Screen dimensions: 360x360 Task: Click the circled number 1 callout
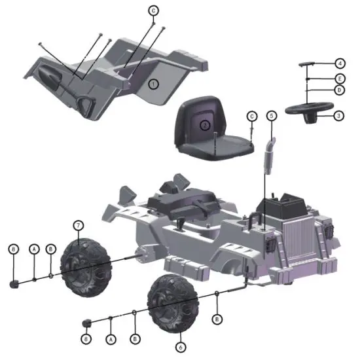153,84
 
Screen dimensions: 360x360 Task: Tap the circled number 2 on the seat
205,124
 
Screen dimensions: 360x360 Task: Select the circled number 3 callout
338,115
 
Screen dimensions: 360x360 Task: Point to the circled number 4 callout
339,63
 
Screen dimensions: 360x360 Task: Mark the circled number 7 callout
79,225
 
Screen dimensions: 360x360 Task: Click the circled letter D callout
339,89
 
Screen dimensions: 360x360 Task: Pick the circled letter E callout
339,77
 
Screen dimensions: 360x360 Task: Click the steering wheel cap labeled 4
307,65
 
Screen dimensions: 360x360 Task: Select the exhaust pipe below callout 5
268,154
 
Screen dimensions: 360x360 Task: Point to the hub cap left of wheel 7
13,283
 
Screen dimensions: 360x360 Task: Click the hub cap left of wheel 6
86,323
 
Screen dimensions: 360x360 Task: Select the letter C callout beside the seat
251,115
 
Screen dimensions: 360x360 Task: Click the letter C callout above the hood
153,11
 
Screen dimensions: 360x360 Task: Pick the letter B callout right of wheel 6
217,318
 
